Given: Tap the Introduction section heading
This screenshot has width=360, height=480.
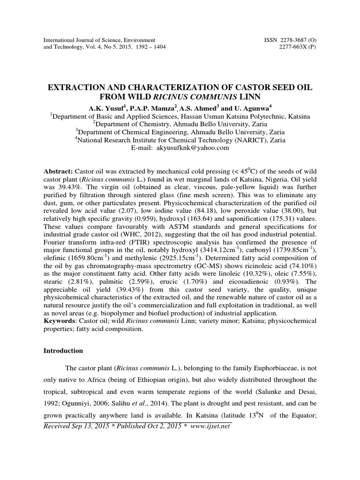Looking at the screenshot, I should pyautogui.click(x=63, y=351).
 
